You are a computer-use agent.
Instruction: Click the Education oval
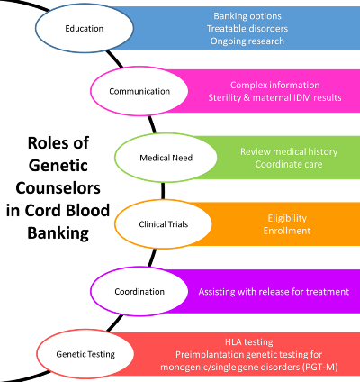pyautogui.click(x=85, y=28)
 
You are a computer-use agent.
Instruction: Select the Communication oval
pyautogui.click(x=139, y=91)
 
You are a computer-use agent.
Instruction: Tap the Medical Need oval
pyautogui.click(x=166, y=158)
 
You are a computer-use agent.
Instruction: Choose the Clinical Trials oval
pyautogui.click(x=164, y=224)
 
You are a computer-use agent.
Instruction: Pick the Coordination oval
pyautogui.click(x=139, y=291)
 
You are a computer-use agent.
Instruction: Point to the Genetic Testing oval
pyautogui.click(x=85, y=354)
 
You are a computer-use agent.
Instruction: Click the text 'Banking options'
pyautogui.click(x=247, y=16)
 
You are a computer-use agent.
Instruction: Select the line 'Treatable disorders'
pyautogui.click(x=247, y=29)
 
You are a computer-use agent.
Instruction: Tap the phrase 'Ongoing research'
pyautogui.click(x=247, y=41)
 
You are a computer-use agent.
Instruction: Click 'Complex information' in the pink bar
pyautogui.click(x=275, y=85)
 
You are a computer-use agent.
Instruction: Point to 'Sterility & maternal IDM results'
pyautogui.click(x=275, y=97)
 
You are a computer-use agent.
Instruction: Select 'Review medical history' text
pyautogui.click(x=289, y=151)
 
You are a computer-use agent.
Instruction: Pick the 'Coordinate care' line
pyautogui.click(x=289, y=164)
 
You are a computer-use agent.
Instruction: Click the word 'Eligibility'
pyautogui.click(x=287, y=218)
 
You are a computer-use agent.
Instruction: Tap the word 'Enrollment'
pyautogui.click(x=287, y=231)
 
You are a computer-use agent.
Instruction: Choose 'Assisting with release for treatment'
pyautogui.click(x=274, y=292)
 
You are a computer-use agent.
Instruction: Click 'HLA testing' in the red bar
pyautogui.click(x=249, y=342)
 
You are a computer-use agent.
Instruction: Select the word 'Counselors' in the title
pyautogui.click(x=58, y=188)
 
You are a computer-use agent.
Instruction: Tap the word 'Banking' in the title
pyautogui.click(x=58, y=233)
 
